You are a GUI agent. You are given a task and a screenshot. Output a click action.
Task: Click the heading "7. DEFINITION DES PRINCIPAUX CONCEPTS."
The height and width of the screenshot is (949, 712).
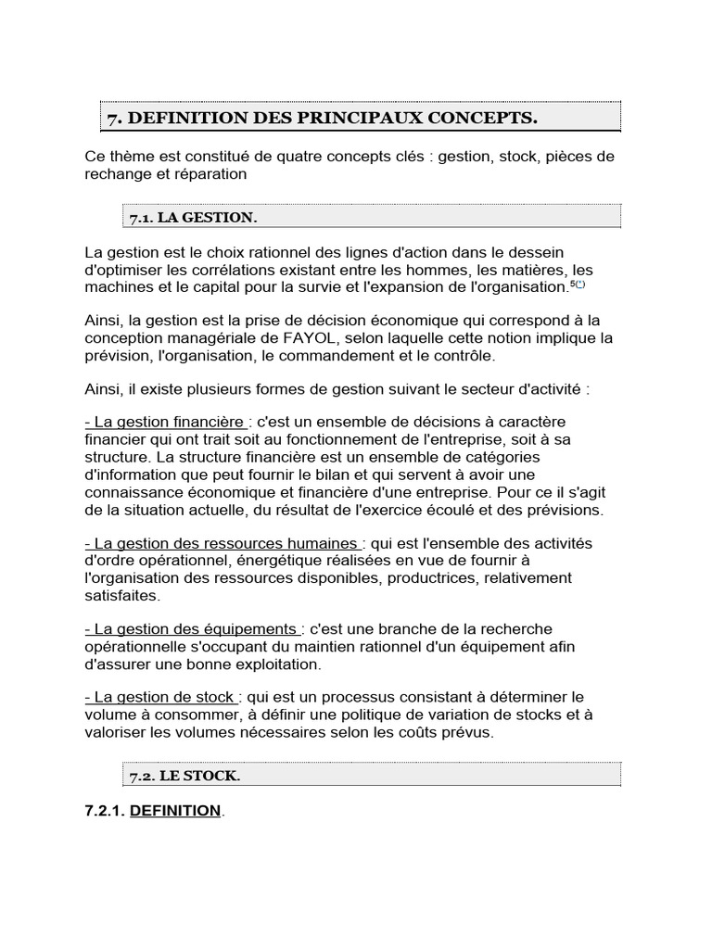[x=322, y=118]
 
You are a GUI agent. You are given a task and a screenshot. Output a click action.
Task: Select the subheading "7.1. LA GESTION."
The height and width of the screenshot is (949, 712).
[x=192, y=217]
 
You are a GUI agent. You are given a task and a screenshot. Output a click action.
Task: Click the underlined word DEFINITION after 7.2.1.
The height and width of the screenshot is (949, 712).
[x=175, y=811]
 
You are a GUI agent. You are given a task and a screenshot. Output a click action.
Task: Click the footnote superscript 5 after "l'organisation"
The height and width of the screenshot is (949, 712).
[x=573, y=284]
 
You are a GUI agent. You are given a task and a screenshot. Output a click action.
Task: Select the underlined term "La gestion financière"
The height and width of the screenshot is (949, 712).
[x=165, y=423]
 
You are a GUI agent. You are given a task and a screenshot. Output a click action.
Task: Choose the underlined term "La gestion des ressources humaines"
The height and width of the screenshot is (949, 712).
[x=221, y=543]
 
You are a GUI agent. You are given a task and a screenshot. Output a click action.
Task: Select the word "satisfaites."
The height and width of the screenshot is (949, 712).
[x=121, y=595]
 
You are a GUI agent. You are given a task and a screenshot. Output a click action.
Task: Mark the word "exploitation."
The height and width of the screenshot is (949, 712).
[x=274, y=664]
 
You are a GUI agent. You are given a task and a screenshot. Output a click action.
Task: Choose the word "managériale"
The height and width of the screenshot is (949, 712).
[x=210, y=338]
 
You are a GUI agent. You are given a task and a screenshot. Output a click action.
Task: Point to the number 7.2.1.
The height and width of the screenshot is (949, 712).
[x=105, y=811]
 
